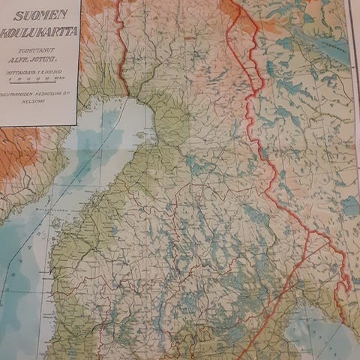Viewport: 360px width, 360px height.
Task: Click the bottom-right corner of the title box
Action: (77, 124)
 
